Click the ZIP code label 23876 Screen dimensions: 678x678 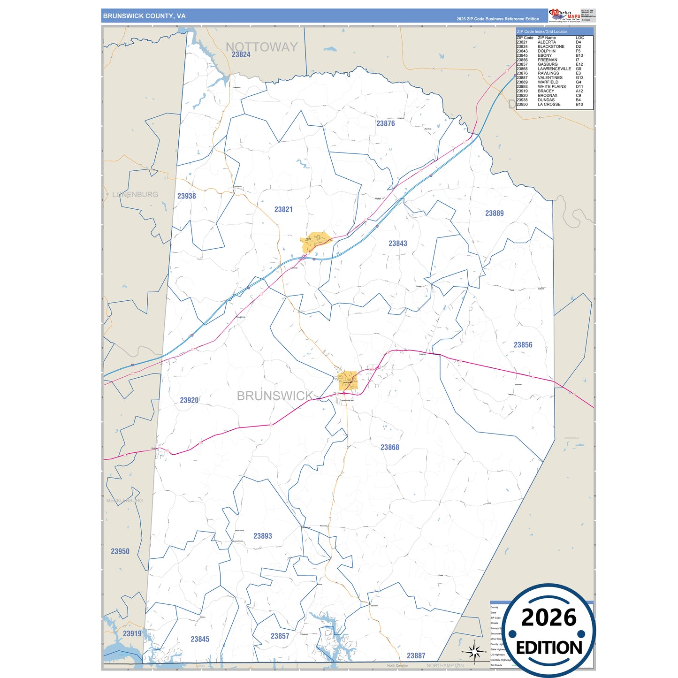point(385,123)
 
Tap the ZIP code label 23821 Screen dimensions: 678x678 point(283,209)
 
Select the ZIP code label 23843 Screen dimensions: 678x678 point(397,243)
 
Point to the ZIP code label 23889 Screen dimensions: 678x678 point(494,213)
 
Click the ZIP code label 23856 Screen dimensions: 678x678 point(523,345)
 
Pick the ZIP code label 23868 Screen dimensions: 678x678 point(389,447)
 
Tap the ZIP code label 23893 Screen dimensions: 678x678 point(262,536)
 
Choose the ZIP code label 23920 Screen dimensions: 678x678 point(189,400)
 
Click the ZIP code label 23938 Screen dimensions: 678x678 point(186,196)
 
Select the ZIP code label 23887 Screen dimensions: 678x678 point(416,655)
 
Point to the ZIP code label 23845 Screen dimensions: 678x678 point(200,639)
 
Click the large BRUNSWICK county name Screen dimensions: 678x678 point(274,396)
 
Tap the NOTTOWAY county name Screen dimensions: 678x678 point(261,46)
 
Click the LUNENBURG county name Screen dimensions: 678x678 point(135,194)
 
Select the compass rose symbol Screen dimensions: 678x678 point(474,651)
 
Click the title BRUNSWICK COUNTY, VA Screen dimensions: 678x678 point(144,16)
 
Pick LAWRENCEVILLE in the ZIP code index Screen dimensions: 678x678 point(554,69)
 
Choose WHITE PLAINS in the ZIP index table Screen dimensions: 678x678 point(551,87)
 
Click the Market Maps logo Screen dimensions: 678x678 point(565,15)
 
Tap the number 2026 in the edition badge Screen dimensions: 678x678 point(548,617)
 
